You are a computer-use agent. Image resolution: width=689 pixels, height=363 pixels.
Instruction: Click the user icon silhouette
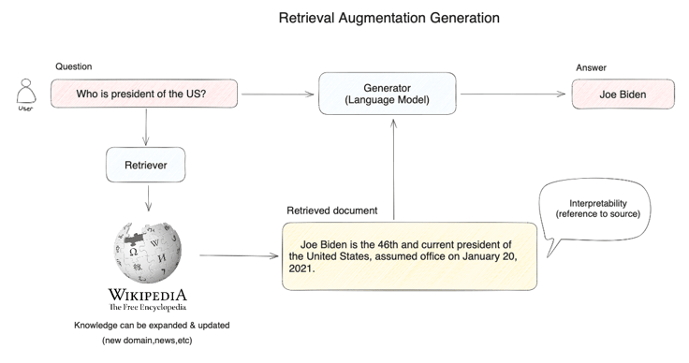click(26, 92)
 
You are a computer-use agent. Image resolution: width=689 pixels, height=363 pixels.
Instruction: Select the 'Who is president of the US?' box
click(144, 94)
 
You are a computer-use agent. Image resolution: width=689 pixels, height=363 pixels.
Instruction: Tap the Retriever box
click(145, 165)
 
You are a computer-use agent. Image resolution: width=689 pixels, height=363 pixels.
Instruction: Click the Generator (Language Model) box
click(388, 94)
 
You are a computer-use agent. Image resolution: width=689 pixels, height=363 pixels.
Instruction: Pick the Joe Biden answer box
click(623, 94)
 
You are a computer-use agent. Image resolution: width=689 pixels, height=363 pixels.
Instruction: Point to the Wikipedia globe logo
click(148, 253)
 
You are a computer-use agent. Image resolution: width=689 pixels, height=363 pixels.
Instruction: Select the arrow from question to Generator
click(278, 94)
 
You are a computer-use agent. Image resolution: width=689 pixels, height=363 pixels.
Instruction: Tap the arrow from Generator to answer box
click(513, 94)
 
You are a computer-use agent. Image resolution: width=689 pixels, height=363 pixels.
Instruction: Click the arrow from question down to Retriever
click(146, 127)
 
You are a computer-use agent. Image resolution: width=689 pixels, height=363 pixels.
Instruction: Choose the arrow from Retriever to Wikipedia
click(148, 198)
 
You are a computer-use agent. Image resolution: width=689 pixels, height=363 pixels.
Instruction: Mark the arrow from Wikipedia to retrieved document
click(239, 255)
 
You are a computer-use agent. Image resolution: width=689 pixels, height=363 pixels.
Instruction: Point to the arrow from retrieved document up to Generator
click(394, 169)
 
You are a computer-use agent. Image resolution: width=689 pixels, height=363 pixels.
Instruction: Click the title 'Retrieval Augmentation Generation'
click(389, 18)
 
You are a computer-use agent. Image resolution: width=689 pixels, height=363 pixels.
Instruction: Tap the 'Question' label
click(74, 66)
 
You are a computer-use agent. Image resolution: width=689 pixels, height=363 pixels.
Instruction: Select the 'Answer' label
click(591, 67)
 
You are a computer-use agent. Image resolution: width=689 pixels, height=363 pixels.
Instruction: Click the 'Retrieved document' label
click(331, 211)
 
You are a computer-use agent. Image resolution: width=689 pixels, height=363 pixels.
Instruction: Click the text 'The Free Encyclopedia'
click(148, 307)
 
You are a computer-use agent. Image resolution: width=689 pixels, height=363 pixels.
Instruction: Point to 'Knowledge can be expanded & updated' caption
click(152, 326)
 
